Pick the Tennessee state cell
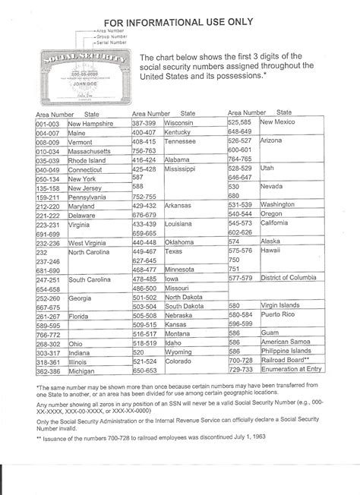(x=182, y=141)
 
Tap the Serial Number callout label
(x=113, y=42)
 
